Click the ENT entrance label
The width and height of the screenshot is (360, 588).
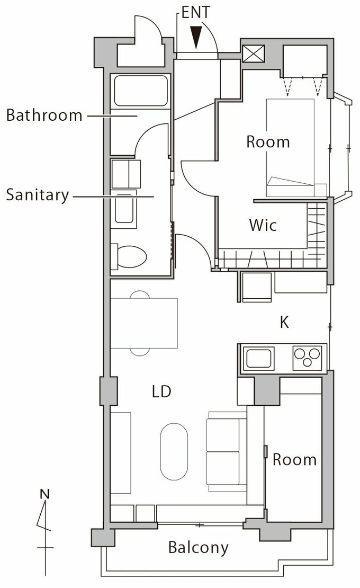point(195,12)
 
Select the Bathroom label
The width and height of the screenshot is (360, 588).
point(44,115)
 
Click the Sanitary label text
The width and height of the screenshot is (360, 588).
point(38,195)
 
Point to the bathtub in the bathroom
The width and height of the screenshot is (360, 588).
point(140,91)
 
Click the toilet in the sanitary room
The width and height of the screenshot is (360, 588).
point(129,257)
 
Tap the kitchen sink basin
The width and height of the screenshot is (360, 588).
point(258,358)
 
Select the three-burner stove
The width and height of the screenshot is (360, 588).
point(307,358)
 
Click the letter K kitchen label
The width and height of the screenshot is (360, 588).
point(284,322)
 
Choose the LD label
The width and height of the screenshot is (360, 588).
point(161,391)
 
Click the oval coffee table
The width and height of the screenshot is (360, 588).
point(174,451)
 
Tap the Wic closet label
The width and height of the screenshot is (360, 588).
point(263,225)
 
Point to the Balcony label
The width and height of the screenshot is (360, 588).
point(198,548)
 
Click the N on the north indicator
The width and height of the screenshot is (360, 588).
point(44,494)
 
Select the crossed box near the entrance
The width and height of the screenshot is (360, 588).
point(254,54)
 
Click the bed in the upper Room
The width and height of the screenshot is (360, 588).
point(290,148)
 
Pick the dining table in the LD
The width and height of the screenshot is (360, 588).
point(144,323)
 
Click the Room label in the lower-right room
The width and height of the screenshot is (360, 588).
point(294,460)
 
